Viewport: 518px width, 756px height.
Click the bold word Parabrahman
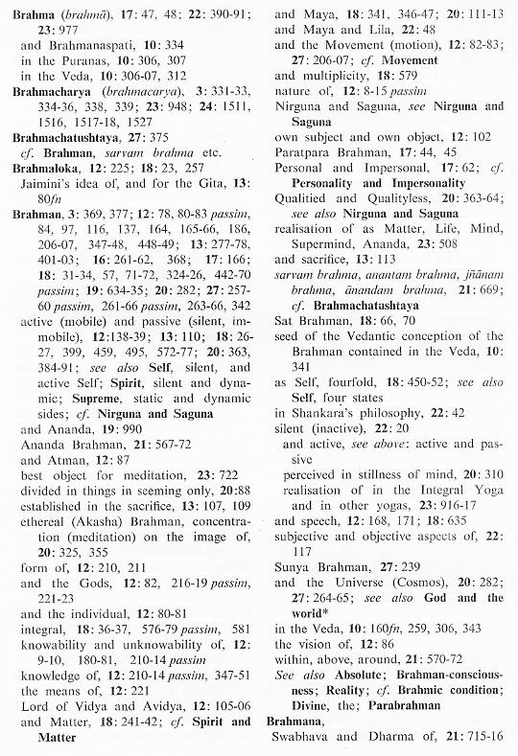460,700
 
